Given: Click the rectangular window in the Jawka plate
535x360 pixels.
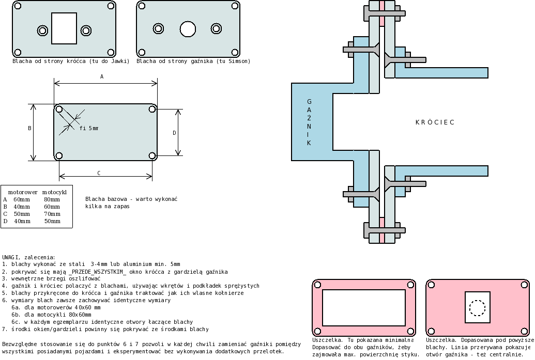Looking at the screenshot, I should [x=64, y=28].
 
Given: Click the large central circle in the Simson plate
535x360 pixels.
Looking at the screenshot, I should [x=188, y=28].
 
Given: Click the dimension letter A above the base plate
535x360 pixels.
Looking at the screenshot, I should [x=102, y=76].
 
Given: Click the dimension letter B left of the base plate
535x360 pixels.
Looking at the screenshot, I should [x=29, y=128].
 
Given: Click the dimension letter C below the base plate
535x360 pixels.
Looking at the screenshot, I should [x=99, y=173].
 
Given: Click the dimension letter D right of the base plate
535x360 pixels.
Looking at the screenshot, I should [x=174, y=133].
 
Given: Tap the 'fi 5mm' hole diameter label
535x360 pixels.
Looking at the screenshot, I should [x=89, y=128].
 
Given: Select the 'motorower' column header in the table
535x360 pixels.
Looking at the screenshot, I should [x=22, y=192].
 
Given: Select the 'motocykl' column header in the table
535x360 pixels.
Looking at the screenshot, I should [x=54, y=192].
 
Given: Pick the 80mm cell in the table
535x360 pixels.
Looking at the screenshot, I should [x=52, y=199].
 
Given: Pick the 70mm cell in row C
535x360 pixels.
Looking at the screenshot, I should [x=52, y=213].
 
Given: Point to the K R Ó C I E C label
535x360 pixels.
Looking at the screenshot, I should [x=435, y=122].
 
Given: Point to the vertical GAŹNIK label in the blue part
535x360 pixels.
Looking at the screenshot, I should [x=309, y=122].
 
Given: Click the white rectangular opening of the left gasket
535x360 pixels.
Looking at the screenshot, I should [x=363, y=307].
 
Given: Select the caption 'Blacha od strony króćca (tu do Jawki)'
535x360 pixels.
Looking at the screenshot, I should [x=71, y=61].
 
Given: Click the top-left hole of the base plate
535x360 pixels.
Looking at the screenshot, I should [x=59, y=109].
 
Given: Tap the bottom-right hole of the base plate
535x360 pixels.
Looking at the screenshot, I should [x=152, y=155].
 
